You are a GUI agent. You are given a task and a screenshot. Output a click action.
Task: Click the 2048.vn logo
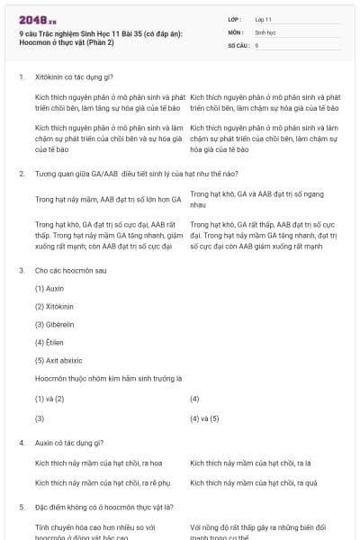(37, 19)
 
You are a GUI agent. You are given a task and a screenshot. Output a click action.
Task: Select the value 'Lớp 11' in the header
(264, 18)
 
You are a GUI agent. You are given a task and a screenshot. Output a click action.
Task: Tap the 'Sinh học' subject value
(265, 31)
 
